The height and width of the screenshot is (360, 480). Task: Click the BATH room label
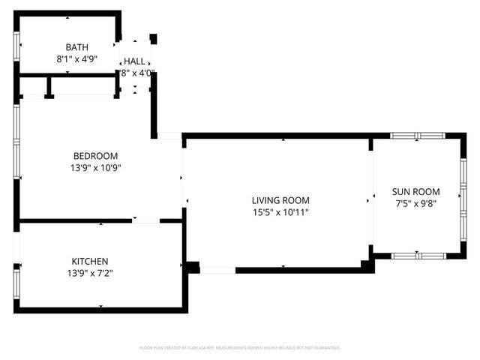76,46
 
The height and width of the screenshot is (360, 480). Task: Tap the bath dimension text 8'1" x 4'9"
76,58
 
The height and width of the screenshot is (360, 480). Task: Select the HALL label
135,61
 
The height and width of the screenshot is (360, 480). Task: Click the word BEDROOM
95,155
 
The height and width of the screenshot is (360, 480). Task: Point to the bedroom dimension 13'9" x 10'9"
95,167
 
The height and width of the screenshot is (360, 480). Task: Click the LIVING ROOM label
280,200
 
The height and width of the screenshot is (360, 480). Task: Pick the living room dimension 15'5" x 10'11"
280,212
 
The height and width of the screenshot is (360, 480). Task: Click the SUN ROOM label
417,191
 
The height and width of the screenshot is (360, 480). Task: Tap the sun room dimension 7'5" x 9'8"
417,203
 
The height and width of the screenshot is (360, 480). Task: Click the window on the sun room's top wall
418,136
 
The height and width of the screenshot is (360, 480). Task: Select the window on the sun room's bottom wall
418,256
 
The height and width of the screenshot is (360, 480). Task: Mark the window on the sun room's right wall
463,198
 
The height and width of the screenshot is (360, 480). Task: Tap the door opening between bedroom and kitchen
145,220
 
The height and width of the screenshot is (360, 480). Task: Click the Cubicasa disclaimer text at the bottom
240,348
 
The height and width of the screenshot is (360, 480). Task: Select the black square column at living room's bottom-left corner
193,266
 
